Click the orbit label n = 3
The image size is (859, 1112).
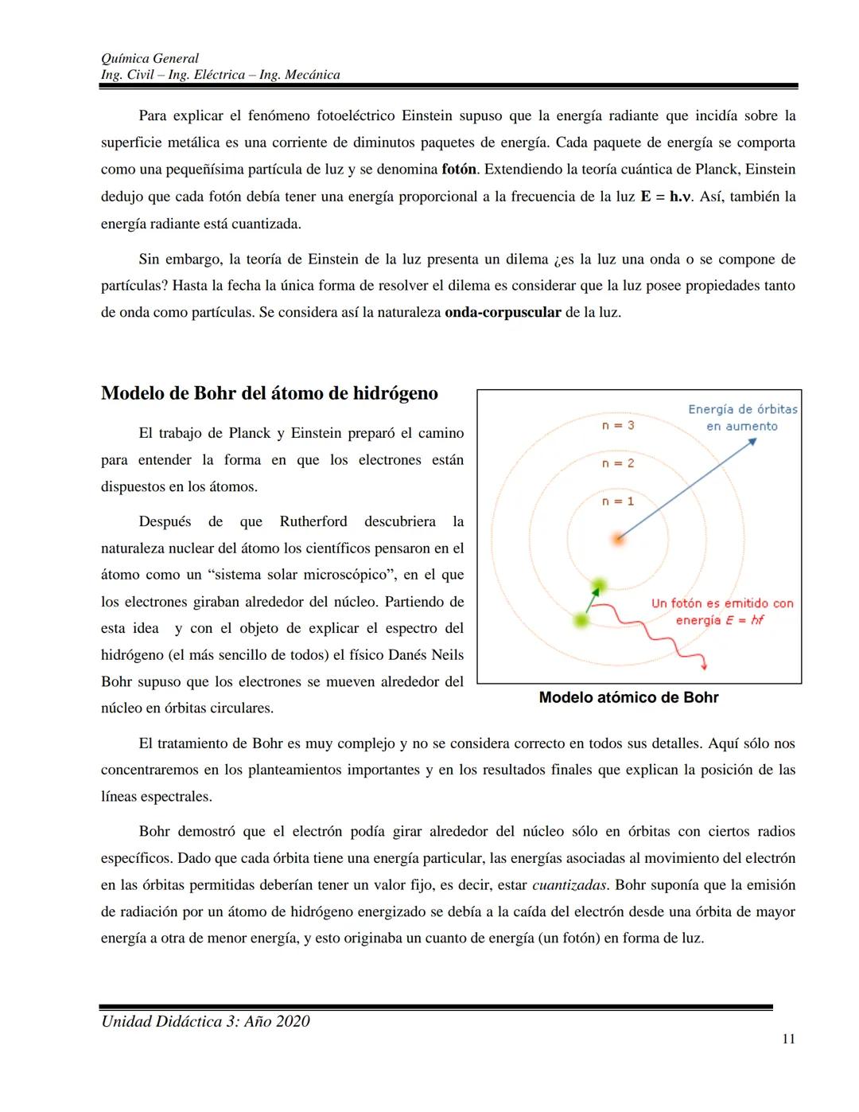618,425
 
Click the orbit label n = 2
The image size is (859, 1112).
618,463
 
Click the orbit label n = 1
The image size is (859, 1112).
618,501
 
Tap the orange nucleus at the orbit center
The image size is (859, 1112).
618,539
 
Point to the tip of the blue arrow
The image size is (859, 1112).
756,440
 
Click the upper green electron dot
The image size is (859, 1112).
599,587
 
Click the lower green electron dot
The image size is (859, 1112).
582,620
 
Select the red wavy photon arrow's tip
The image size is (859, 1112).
704,667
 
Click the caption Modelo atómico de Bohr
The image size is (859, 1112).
628,697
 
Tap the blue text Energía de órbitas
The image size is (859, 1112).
742,409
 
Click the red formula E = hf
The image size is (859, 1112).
744,620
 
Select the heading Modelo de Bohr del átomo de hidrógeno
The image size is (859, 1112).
270,393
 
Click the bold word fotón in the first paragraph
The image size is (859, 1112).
459,170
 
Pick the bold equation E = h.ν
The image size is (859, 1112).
666,197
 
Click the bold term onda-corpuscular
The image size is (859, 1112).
503,312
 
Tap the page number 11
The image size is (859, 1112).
788,1039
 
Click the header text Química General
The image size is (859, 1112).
150,58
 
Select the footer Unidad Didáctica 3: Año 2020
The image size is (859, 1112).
205,1021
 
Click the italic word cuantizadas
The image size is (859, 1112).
569,885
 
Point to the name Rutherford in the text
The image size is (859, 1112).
313,521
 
